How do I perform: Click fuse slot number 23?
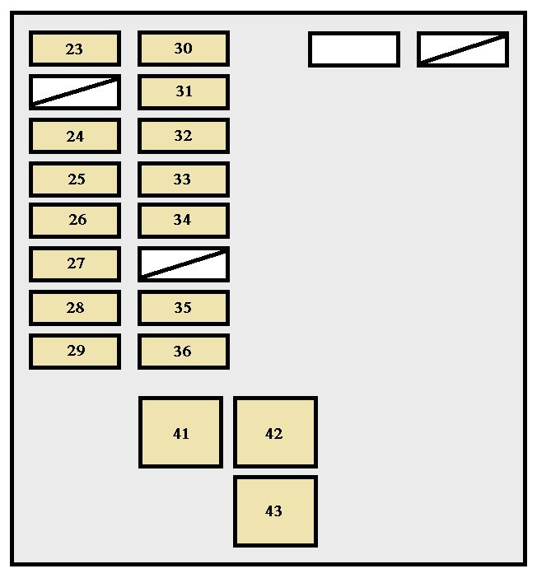75,49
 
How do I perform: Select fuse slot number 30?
183,49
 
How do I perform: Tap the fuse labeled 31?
183,92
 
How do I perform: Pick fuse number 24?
75,136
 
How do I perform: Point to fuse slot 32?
183,136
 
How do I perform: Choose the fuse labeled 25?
75,179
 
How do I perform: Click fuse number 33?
183,179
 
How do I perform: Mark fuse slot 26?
75,220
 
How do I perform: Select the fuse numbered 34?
183,220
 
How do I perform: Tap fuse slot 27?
75,263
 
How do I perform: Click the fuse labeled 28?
75,307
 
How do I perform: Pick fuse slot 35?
183,307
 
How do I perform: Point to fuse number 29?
75,351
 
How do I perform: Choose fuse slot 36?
183,351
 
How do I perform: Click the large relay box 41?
180,432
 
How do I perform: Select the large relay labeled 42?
274,432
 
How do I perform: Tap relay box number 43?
274,510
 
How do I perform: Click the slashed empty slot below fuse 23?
75,92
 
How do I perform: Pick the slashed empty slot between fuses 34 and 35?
183,263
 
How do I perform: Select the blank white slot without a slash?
354,49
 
